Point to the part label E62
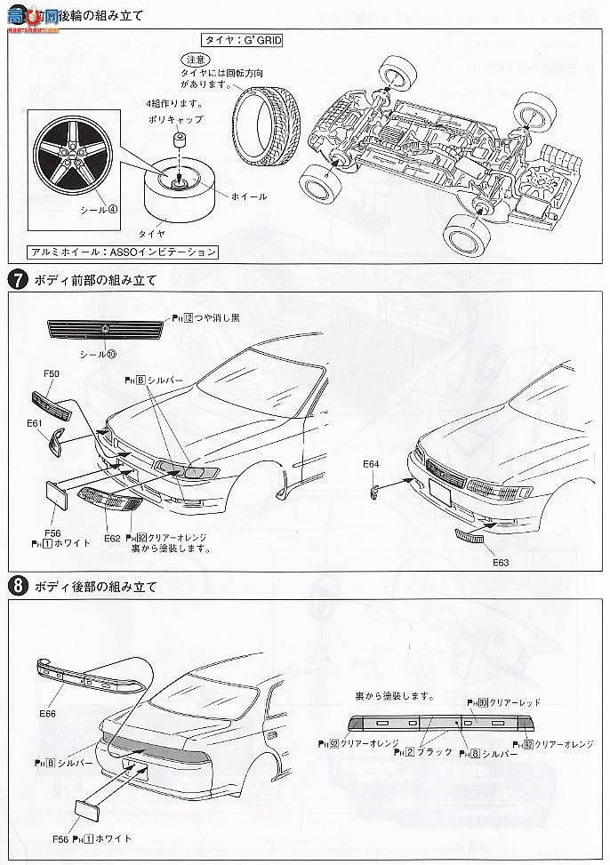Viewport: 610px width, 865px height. (x=112, y=538)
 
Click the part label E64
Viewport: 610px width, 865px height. (x=371, y=463)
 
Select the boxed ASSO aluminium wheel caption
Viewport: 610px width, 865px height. (x=123, y=252)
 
